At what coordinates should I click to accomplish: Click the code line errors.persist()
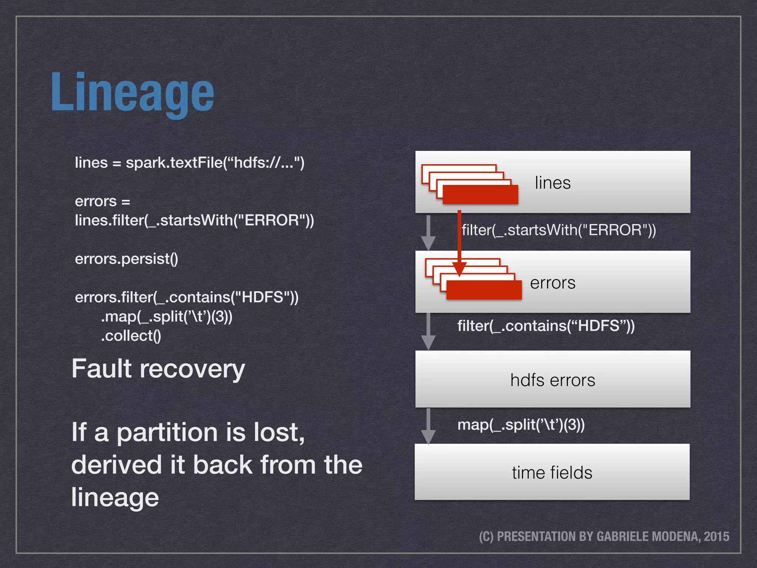point(126,259)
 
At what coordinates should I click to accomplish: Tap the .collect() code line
point(131,336)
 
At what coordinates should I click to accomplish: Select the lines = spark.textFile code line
point(189,163)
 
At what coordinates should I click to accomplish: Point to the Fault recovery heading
point(158,369)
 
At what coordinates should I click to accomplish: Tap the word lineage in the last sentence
point(115,497)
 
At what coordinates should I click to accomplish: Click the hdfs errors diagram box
point(553,380)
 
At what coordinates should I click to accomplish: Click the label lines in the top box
point(553,183)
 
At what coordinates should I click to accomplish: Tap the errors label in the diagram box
point(553,283)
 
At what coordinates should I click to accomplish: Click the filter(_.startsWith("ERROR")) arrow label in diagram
point(559,230)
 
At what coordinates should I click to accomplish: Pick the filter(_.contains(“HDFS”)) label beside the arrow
point(546,326)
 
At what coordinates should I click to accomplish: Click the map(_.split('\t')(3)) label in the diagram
point(521,425)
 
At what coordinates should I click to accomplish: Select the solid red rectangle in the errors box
point(484,290)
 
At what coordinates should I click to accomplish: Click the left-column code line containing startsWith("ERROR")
point(194,220)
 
